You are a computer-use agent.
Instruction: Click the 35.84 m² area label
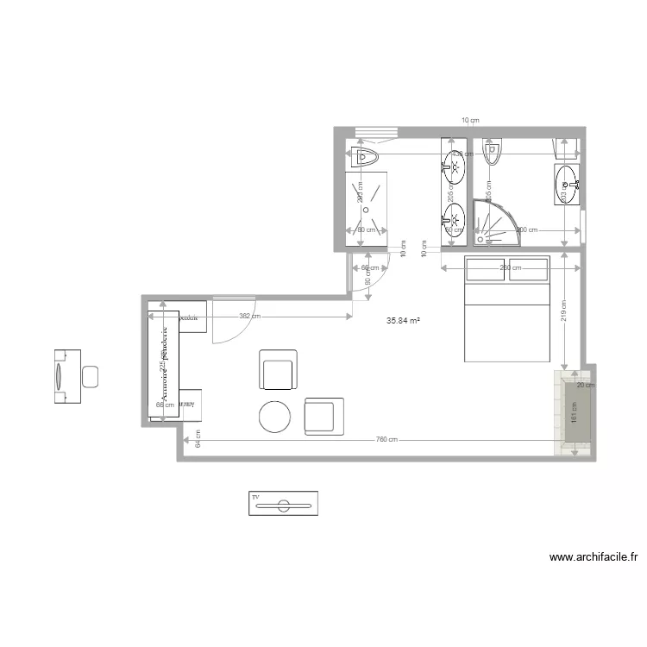(403, 320)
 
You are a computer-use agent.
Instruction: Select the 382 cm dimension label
(250, 317)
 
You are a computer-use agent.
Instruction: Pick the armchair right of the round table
(323, 415)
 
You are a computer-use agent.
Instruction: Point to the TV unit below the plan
(283, 503)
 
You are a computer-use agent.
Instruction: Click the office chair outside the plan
(90, 376)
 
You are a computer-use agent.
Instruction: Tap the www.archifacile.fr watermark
(594, 557)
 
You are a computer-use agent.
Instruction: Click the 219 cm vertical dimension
(562, 314)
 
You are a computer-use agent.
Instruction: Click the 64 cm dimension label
(198, 440)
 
